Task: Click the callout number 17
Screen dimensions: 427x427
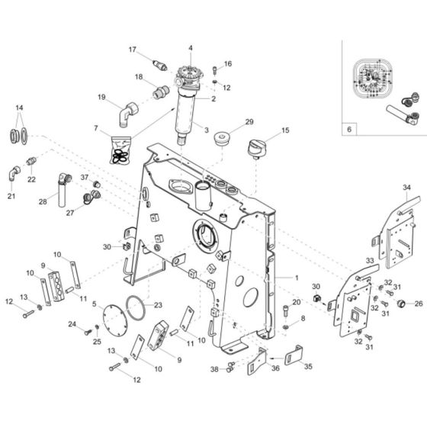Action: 132,50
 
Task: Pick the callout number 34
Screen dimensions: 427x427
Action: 406,186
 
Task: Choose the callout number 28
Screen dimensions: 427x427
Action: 43,201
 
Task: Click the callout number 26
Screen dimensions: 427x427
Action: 419,303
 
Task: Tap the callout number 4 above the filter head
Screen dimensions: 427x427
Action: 191,49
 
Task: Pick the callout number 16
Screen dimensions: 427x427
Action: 227,63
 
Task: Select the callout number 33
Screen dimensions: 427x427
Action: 369,261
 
